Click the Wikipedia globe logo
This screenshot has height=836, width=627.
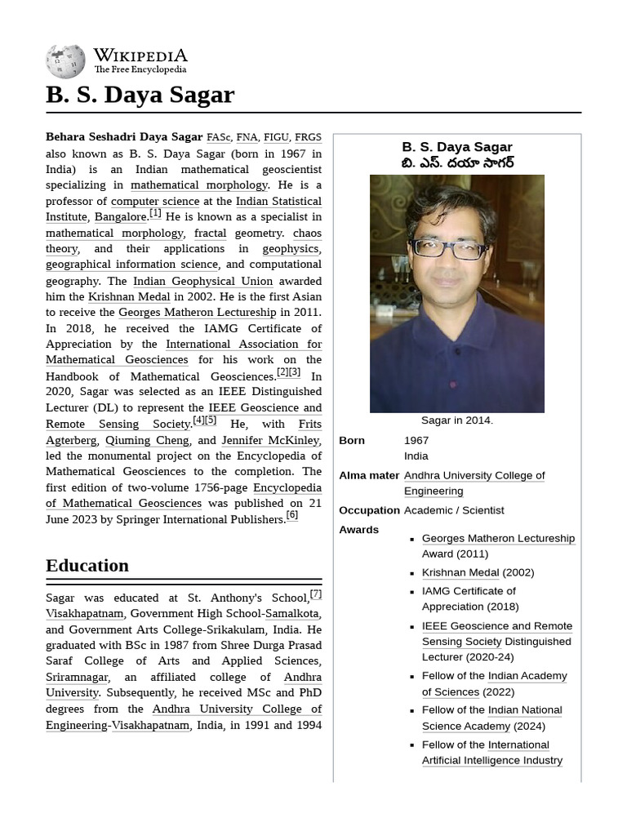coord(65,62)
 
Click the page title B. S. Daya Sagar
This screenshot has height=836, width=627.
coord(140,95)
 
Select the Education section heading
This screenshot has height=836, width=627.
coord(87,566)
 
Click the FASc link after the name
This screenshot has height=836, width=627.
coord(219,138)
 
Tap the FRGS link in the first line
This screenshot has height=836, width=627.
coord(308,138)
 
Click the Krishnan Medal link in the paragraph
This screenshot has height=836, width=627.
coord(129,297)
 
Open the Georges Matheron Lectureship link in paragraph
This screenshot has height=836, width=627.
coord(197,313)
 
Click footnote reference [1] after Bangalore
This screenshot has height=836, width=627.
coord(155,214)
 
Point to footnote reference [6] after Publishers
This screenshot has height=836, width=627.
coord(291,515)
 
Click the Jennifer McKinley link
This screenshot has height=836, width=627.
coord(270,440)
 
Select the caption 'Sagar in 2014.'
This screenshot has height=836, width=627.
coord(456,420)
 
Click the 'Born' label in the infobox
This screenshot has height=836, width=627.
coord(352,441)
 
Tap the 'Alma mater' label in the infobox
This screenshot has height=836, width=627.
coord(369,475)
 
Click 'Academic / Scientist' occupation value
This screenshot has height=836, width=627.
coord(454,510)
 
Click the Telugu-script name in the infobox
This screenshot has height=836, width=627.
coord(457,163)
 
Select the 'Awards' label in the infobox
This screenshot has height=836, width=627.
coord(358,530)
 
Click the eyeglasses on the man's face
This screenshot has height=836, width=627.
coord(447,249)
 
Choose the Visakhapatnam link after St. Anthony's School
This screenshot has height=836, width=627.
coord(85,614)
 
